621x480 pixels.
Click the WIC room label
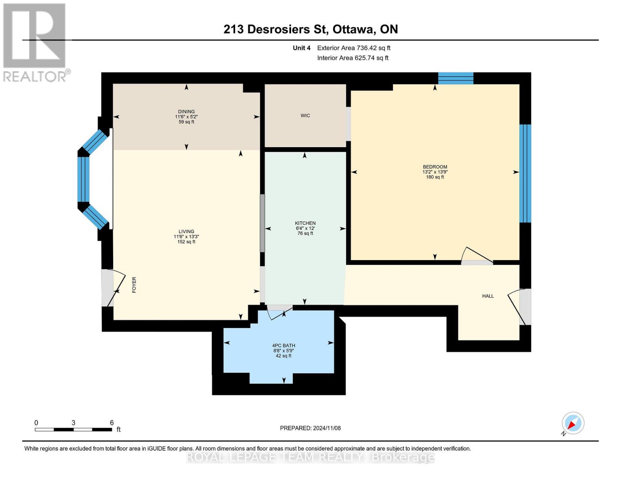tap(305, 116)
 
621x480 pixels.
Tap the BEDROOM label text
tap(435, 167)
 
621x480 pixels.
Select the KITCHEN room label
tap(305, 223)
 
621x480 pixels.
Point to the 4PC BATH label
tap(284, 345)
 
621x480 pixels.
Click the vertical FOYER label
tap(134, 285)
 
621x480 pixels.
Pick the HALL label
tap(488, 296)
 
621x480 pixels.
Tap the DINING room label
tap(186, 112)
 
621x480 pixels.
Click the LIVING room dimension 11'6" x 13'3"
tap(186, 236)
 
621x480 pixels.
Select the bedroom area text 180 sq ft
tap(435, 177)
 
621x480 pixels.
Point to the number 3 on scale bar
tap(74, 422)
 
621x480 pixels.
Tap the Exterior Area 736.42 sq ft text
tap(353, 48)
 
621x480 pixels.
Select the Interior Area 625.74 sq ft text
tap(353, 58)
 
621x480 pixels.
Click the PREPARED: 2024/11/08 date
tap(310, 428)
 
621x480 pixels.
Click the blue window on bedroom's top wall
tap(455, 78)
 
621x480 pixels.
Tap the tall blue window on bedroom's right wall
tap(525, 173)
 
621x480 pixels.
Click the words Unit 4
tap(302, 48)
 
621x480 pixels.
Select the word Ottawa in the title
tap(354, 29)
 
